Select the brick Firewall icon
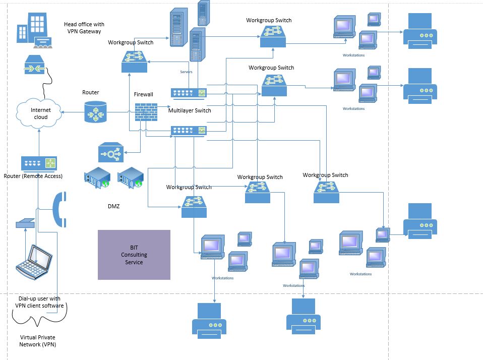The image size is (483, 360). coord(146,112)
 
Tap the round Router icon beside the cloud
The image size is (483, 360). coord(96,111)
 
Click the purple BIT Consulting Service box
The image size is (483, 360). coord(134,255)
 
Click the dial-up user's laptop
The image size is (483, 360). coord(34,262)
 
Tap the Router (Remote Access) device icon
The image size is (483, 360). coord(39,163)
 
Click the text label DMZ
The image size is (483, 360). coord(114,206)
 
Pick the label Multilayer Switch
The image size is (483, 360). coord(190,110)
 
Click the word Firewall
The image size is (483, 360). coord(143,94)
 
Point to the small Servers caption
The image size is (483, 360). coord(186,72)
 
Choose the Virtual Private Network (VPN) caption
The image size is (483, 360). coord(38,341)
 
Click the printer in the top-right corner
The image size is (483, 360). coord(419,31)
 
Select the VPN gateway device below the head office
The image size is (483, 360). coord(36,66)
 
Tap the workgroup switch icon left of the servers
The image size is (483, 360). coord(134,61)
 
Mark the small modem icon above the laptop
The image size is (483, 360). coord(25,223)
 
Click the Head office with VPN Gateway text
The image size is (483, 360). coord(84,28)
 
